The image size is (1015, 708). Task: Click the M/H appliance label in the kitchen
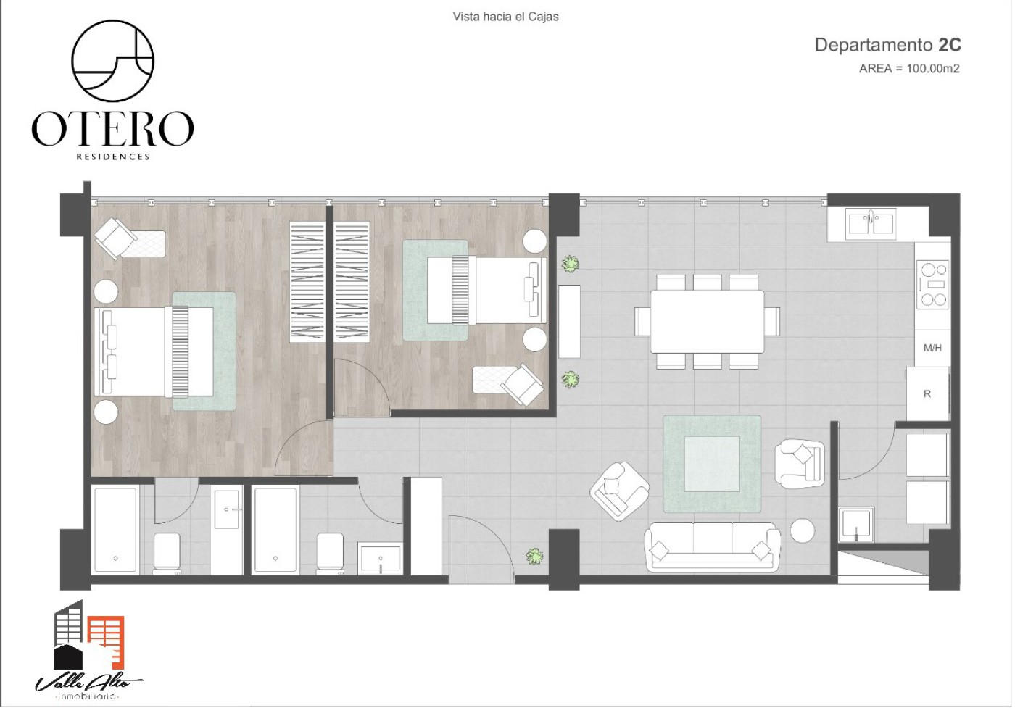[x=932, y=348]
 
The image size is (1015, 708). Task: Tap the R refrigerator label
[x=927, y=394]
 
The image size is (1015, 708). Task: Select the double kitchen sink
[x=871, y=224]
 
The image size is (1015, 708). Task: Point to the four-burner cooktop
[x=932, y=285]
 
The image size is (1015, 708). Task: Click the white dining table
[x=707, y=322]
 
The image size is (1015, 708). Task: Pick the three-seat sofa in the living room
[x=712, y=547]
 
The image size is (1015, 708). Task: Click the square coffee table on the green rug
[x=712, y=464]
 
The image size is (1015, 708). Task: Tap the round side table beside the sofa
[x=802, y=530]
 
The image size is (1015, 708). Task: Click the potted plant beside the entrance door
[x=534, y=557]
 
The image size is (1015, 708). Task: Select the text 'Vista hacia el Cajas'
[x=506, y=17]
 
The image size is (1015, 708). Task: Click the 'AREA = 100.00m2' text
[x=909, y=68]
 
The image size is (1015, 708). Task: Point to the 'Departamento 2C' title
[x=887, y=45]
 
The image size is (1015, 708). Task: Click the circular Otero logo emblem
[x=113, y=61]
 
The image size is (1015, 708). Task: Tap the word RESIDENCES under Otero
[x=113, y=157]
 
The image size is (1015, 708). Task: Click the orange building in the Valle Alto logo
[x=107, y=642]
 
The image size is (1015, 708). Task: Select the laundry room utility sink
[x=856, y=525]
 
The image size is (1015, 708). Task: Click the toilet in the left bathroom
[x=167, y=554]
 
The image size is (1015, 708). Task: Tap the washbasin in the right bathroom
[x=380, y=558]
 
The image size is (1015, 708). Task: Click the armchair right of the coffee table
[x=800, y=464]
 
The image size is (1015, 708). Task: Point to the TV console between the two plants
[x=569, y=322]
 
